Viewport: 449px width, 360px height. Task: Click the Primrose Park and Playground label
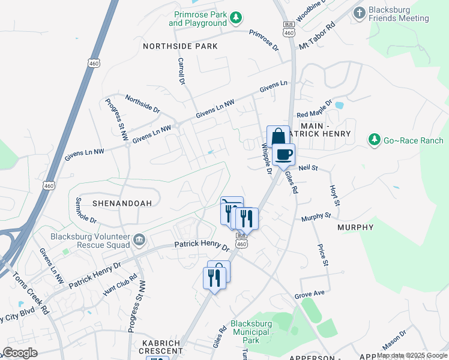coord(199,19)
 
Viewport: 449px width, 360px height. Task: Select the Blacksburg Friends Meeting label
coord(399,14)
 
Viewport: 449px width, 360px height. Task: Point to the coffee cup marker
coord(283,154)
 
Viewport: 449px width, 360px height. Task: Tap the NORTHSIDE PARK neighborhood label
coord(180,46)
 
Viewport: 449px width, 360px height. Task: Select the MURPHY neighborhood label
coord(355,227)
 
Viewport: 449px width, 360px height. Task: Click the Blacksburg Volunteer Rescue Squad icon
coord(139,241)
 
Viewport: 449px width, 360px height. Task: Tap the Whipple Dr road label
coord(267,157)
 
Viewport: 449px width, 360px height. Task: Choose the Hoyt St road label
coord(335,196)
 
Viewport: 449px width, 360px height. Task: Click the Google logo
coord(20,353)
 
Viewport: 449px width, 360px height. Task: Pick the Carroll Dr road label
coord(181,70)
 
